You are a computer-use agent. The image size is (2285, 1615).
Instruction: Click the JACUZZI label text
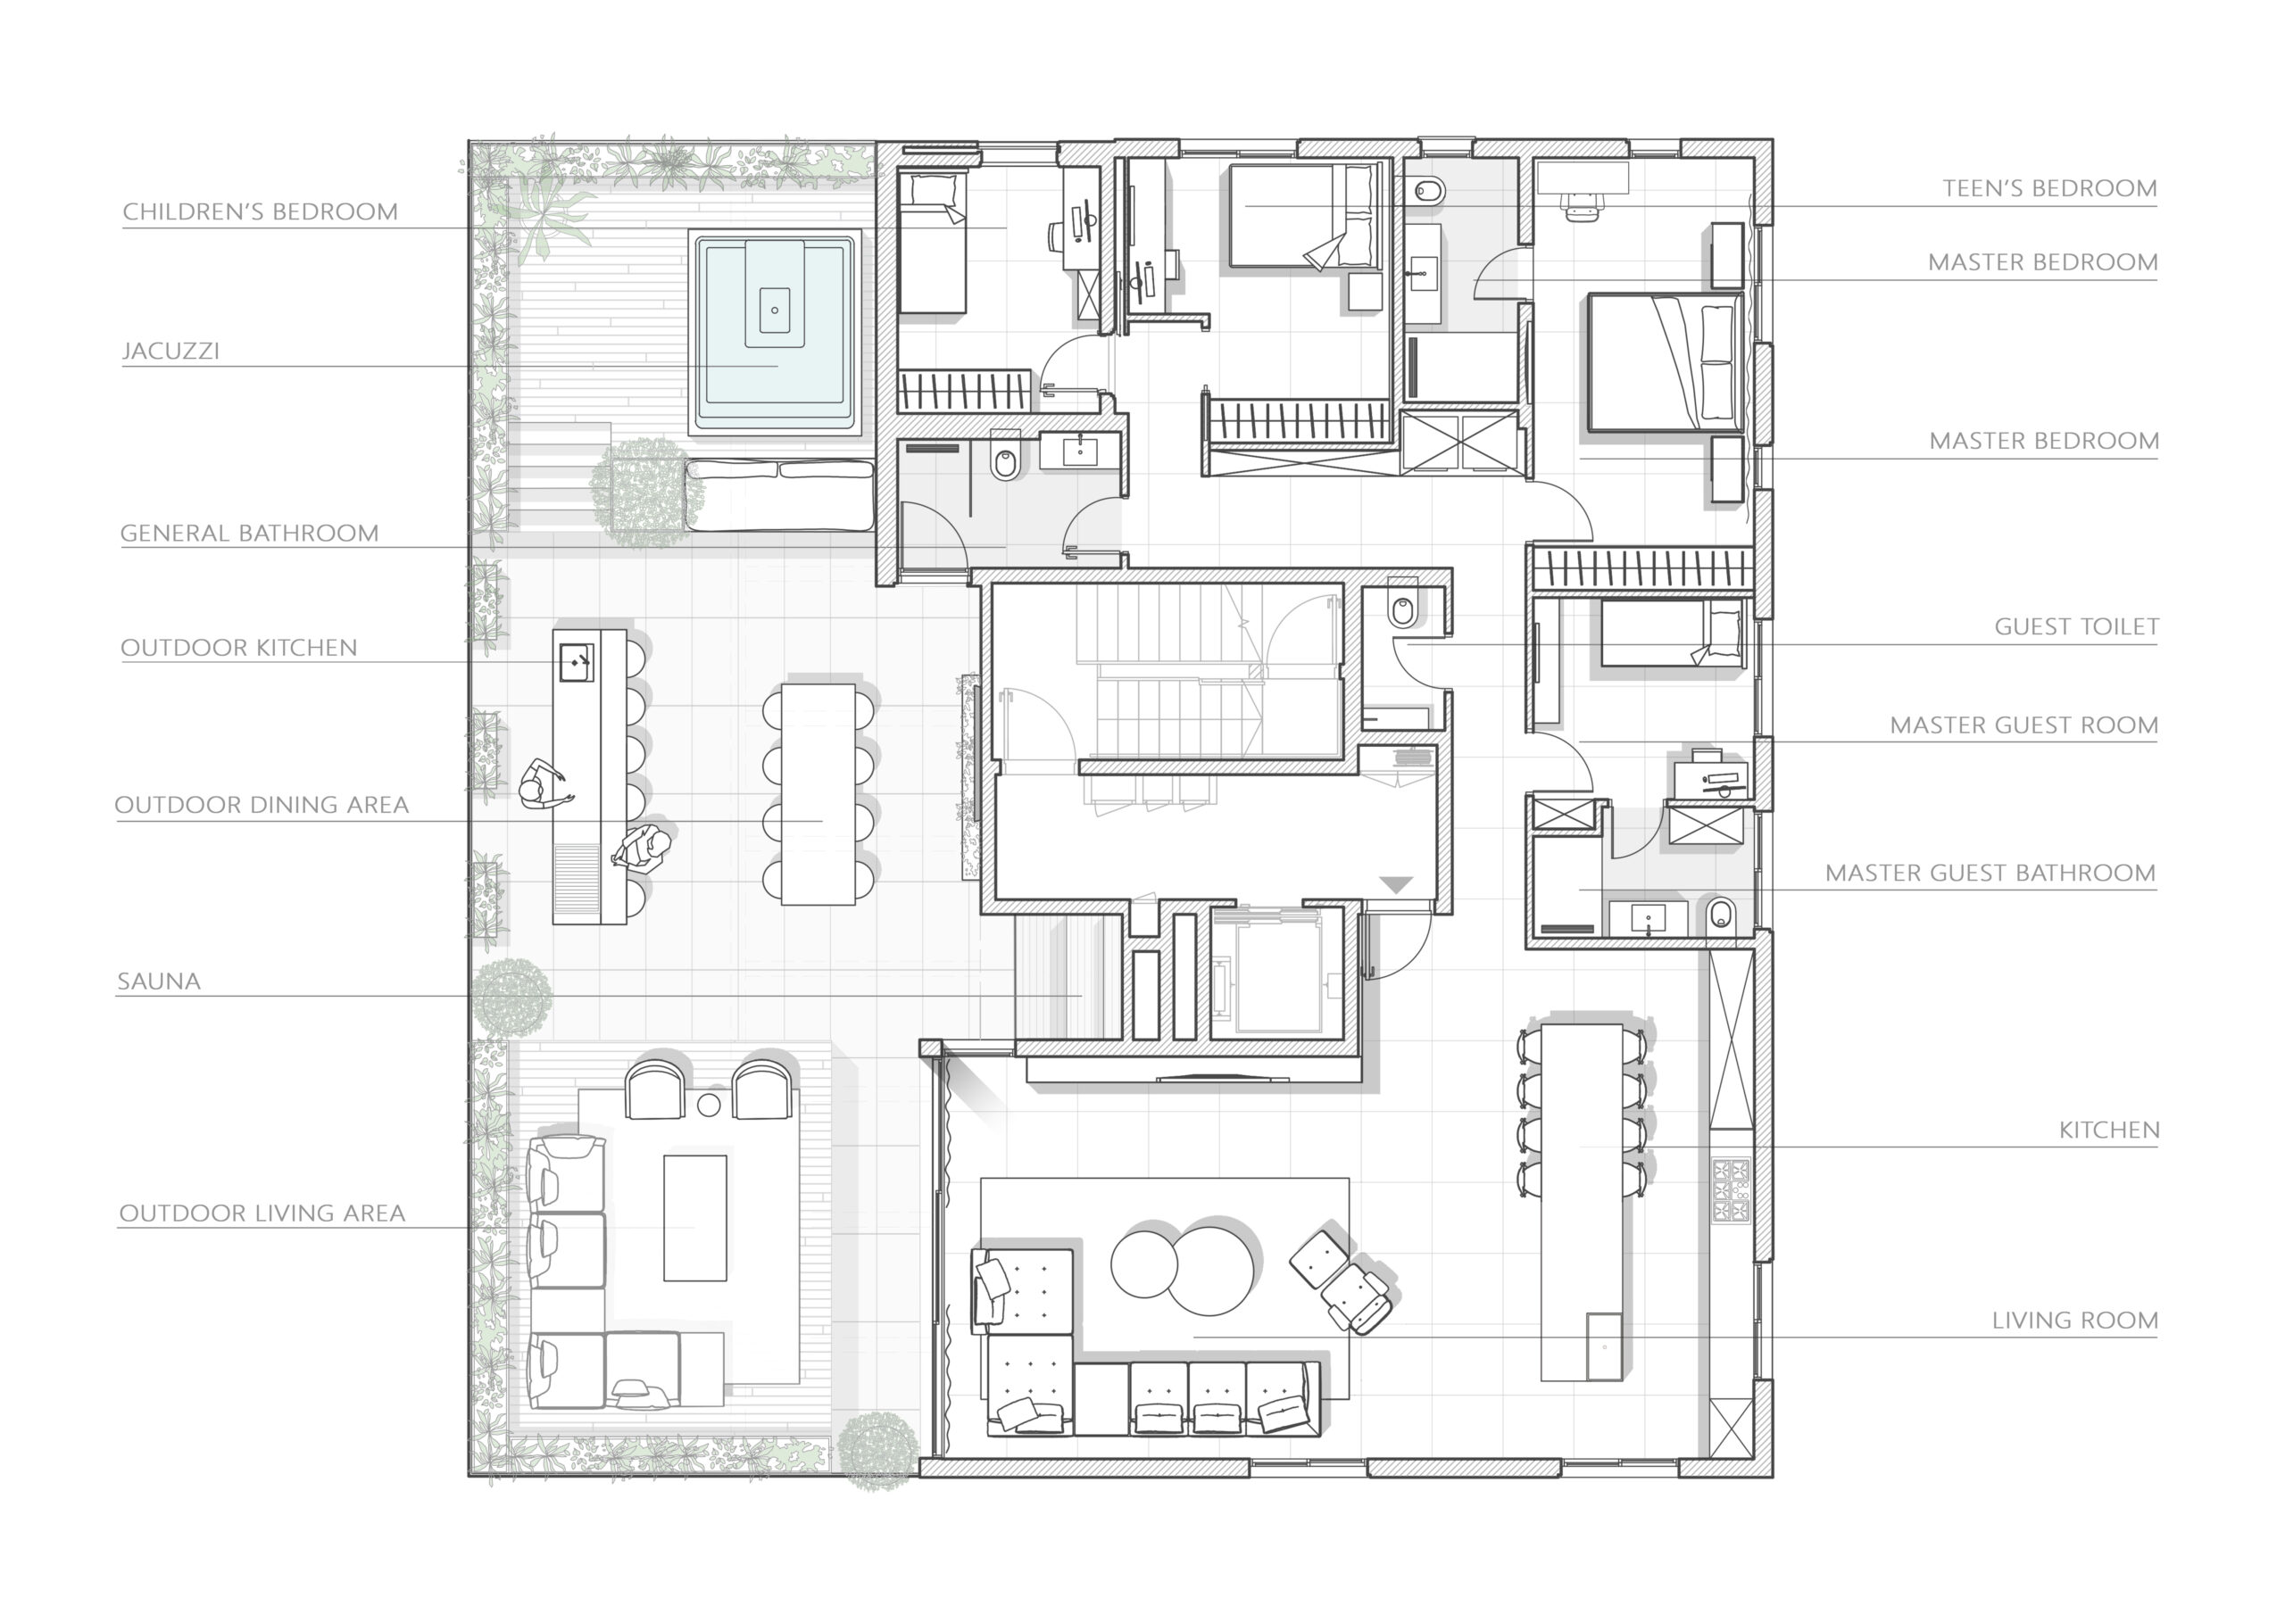coord(171,351)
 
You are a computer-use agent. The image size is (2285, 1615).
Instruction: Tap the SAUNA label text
coord(159,981)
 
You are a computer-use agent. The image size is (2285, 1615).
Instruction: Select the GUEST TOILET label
coord(2077,627)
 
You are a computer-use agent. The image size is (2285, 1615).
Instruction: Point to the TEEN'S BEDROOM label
coord(2050,188)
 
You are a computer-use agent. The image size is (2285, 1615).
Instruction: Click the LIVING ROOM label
coord(2075,1321)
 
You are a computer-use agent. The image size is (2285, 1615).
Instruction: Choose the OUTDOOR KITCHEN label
coord(239,648)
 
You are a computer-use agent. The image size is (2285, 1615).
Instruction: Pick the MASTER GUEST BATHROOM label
coord(1990,873)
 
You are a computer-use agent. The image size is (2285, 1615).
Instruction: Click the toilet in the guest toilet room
coord(1403,606)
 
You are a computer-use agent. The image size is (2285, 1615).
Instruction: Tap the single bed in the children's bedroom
coord(933,244)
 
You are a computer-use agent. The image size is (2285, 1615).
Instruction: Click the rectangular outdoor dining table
coord(818,794)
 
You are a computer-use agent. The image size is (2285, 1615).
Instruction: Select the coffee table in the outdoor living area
coord(694,1217)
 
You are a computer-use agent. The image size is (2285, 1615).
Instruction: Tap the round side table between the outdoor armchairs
coord(709,1104)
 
